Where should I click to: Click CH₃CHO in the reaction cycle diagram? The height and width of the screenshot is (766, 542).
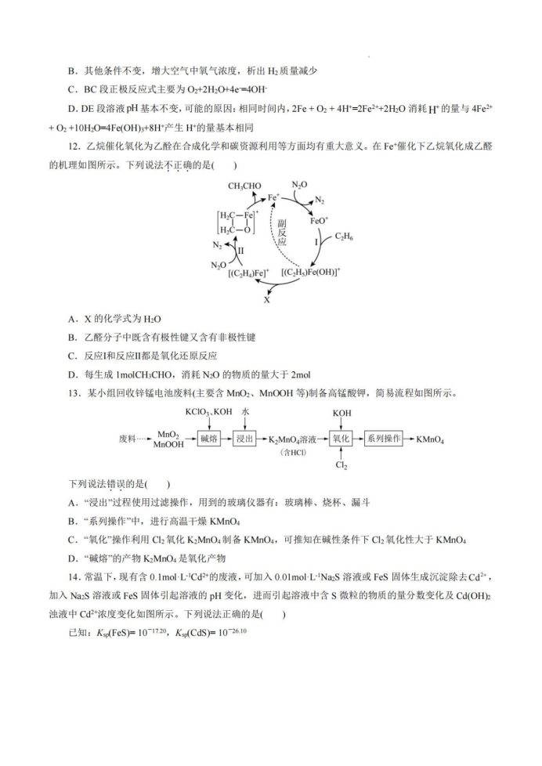point(244,186)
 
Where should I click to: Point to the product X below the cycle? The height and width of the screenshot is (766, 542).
point(267,300)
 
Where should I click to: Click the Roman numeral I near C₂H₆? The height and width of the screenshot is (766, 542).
point(316,244)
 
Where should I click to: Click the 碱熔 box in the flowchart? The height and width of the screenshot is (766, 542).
point(208,439)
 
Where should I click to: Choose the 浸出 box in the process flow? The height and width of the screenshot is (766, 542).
point(244,439)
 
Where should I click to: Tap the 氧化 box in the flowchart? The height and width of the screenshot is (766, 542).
point(341,439)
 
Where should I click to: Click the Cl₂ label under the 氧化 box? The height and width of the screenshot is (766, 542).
point(341,466)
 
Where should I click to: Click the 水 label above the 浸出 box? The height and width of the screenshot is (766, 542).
point(245,412)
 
